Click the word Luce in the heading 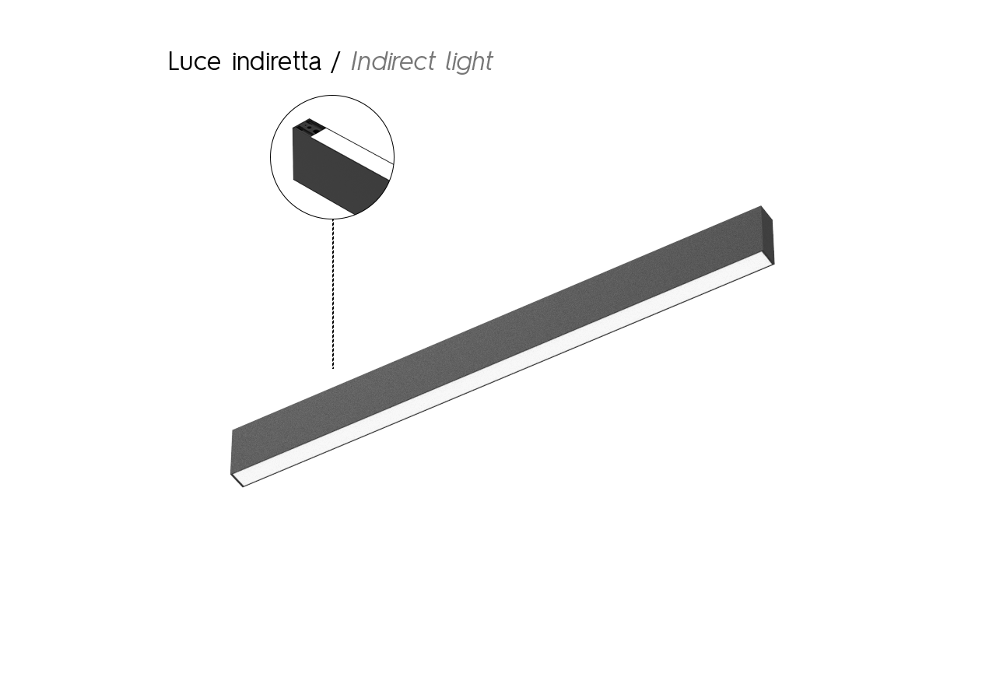coord(195,61)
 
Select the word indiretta coord(276,61)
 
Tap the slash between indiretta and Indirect coord(335,61)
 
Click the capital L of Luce coord(174,61)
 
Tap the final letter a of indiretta coord(314,64)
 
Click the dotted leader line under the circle coord(332,293)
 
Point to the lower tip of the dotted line coord(332,368)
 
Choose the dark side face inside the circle coord(337,176)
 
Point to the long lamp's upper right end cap coord(767,235)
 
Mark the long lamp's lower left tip coord(243,486)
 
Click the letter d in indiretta coord(261,61)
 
